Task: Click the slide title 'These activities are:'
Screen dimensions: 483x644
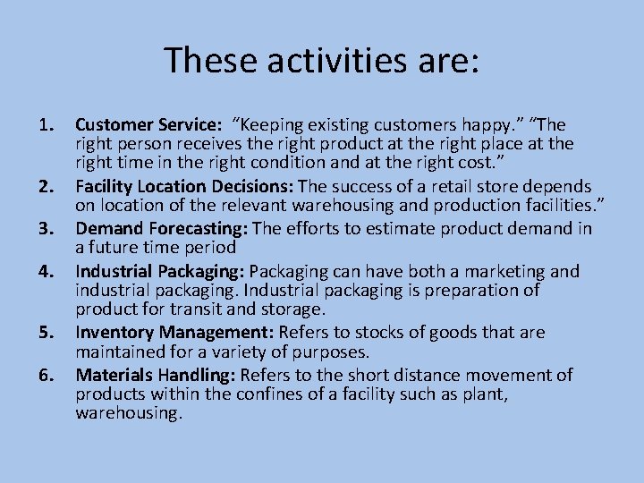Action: (x=322, y=61)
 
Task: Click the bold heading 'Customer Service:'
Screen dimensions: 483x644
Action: (x=148, y=125)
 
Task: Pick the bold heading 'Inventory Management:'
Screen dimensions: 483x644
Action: (x=175, y=333)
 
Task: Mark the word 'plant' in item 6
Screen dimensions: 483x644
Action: (x=479, y=394)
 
